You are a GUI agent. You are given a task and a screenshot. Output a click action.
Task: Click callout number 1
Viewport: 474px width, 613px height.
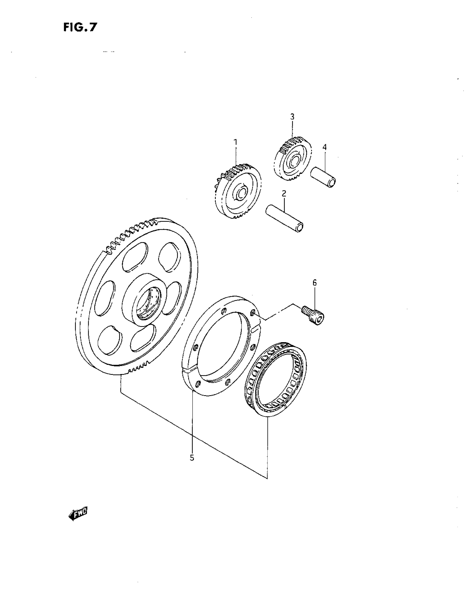(x=236, y=142)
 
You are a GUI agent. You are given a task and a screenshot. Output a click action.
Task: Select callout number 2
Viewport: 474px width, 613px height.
(x=284, y=193)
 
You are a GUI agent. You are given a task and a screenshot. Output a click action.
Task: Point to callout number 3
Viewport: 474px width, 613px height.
(x=292, y=116)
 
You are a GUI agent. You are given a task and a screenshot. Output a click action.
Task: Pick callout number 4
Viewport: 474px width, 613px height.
(x=325, y=147)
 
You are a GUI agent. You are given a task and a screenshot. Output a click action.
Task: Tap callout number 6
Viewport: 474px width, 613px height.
(x=314, y=283)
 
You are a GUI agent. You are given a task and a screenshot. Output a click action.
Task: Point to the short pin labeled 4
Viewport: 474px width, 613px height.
(x=323, y=177)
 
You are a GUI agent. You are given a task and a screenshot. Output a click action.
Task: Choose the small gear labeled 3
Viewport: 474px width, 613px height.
(x=292, y=159)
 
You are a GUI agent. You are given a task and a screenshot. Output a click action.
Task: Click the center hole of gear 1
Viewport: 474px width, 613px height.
(x=241, y=193)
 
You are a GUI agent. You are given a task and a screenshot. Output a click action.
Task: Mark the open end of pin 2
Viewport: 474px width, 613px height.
(x=300, y=227)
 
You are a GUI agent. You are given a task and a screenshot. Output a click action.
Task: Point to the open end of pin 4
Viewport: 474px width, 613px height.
(x=332, y=182)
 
